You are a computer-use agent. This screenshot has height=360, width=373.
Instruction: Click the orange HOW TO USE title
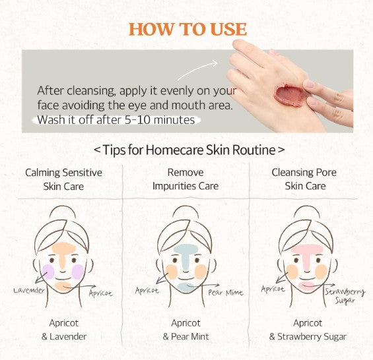tap(187, 29)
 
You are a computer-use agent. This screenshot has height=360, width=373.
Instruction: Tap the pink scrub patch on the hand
tap(290, 95)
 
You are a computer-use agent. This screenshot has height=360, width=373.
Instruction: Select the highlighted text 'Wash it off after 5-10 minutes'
tap(116, 120)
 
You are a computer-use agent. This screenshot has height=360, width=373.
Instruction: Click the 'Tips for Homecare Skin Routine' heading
tap(189, 150)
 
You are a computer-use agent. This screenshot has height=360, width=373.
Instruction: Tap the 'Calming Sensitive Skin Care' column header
tap(63, 179)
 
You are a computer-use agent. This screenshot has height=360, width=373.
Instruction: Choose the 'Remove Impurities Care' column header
tap(186, 179)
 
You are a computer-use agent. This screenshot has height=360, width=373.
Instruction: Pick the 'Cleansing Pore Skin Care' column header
tap(304, 179)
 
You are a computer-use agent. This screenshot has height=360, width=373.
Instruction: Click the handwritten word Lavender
tap(29, 290)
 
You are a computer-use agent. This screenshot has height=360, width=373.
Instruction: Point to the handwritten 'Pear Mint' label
tap(226, 293)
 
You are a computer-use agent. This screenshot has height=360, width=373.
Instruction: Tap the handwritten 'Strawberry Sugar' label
tap(345, 296)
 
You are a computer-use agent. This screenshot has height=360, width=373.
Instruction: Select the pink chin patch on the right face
tap(307, 286)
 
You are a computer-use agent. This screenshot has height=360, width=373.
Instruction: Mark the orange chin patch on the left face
tap(63, 287)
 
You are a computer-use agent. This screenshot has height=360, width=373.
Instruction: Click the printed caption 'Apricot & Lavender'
tap(64, 330)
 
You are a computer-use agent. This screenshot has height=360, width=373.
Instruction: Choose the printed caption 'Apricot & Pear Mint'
tap(186, 330)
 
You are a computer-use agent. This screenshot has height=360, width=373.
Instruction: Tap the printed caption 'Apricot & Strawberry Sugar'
tap(308, 330)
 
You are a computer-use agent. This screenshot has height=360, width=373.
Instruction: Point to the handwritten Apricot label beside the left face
tap(100, 293)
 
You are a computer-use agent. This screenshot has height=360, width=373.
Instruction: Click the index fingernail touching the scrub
tap(310, 84)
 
